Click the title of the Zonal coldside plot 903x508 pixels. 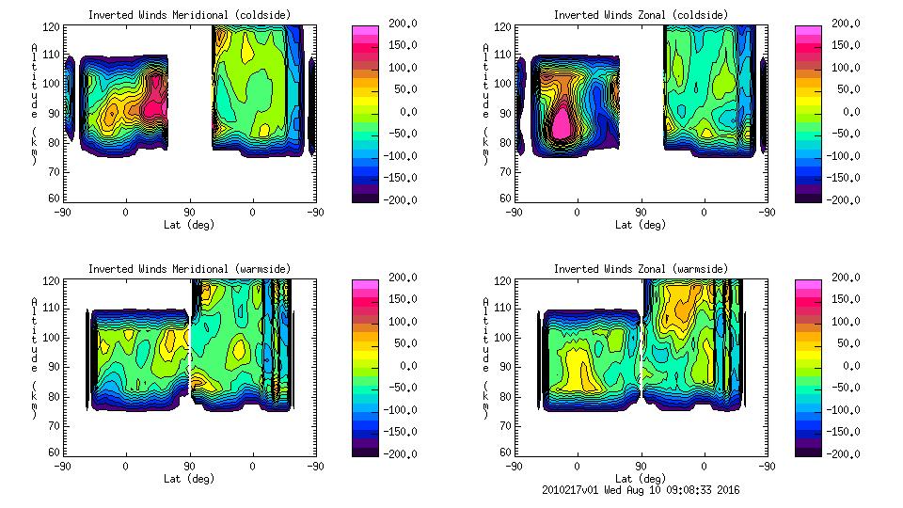pyautogui.click(x=640, y=15)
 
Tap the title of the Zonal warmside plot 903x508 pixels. pyautogui.click(x=640, y=269)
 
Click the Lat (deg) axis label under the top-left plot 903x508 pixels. pyautogui.click(x=188, y=225)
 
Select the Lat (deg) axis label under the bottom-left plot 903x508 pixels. pyautogui.click(x=188, y=479)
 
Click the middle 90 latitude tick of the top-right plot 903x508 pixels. pyautogui.click(x=641, y=213)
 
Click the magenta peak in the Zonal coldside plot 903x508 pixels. pyautogui.click(x=562, y=122)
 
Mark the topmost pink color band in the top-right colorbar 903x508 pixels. pyautogui.click(x=808, y=30)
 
